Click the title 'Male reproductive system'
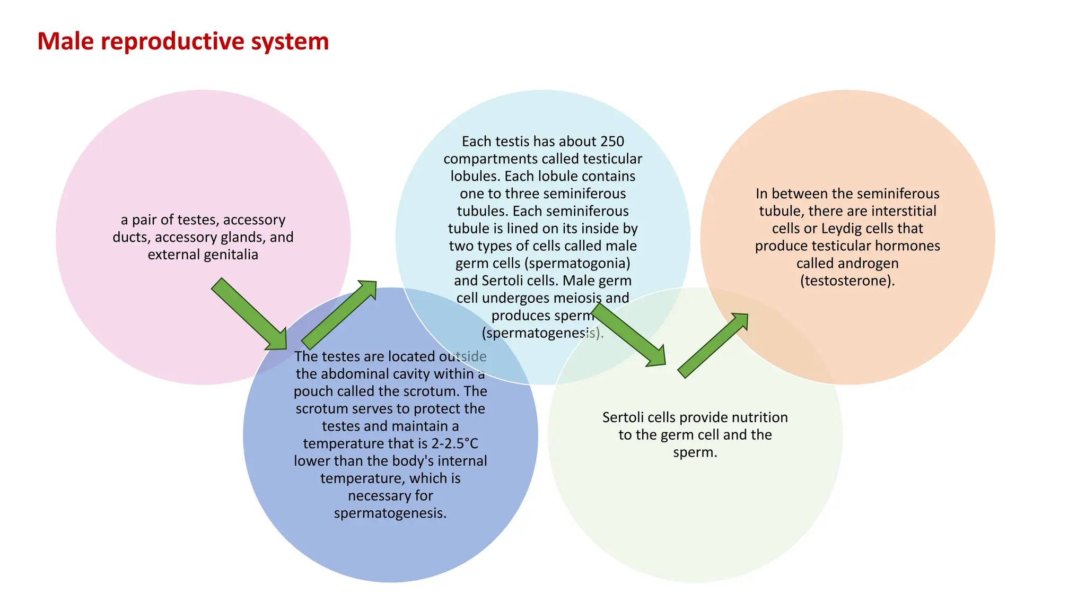(183, 41)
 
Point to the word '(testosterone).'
(847, 281)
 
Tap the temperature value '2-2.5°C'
(454, 443)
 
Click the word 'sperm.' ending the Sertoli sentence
(695, 452)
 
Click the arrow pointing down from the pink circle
(249, 314)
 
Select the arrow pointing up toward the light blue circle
(339, 315)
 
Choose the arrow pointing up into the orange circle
(713, 345)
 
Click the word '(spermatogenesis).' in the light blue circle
(542, 333)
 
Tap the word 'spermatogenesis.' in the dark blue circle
(390, 513)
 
